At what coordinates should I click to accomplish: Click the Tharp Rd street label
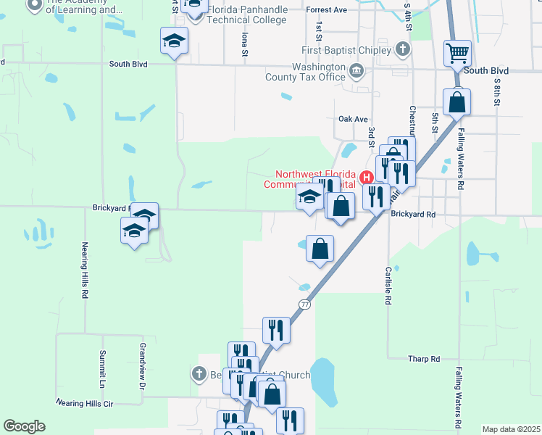point(424,359)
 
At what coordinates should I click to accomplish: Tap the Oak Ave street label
point(354,119)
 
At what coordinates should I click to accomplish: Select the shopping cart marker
point(457,52)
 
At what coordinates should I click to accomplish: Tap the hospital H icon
point(367,177)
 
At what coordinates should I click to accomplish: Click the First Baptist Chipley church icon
point(404,50)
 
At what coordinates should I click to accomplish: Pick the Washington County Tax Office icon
point(357,71)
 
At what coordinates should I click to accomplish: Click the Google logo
point(24,426)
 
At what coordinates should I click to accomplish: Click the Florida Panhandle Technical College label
point(247,15)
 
